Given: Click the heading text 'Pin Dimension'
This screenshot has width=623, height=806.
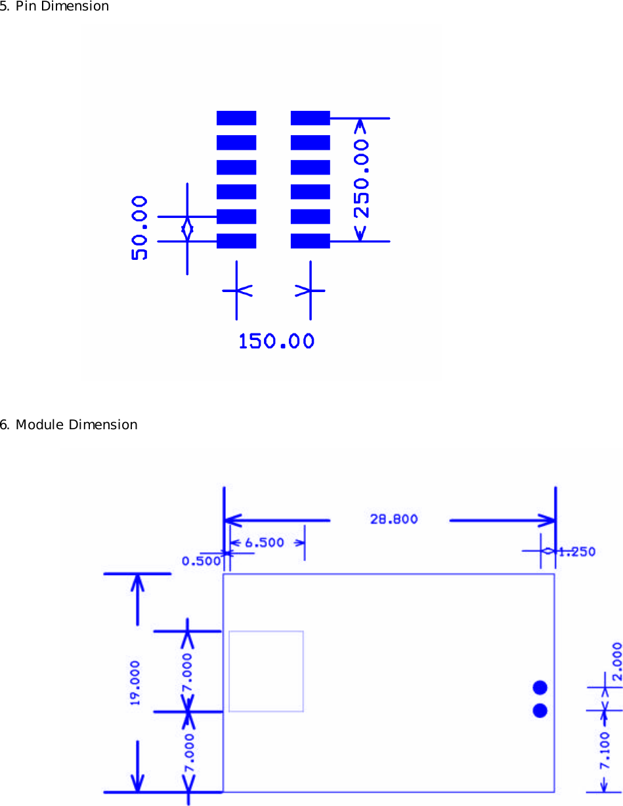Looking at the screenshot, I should pos(62,7).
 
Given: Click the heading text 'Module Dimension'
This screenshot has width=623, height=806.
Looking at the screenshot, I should pos(76,425).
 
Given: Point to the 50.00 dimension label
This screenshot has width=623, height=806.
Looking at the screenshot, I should pos(140,228).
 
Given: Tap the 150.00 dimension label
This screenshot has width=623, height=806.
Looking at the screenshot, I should pos(276,341).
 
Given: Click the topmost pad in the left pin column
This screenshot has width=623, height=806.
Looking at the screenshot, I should pos(236,118).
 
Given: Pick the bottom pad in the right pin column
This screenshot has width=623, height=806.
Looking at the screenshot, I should pos(310,241).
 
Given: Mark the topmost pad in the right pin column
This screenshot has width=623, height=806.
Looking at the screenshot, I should pos(310,118).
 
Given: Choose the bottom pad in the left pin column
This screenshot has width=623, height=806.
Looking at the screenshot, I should pos(236,241).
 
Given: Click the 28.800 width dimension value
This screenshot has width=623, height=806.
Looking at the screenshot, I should pos(394,519).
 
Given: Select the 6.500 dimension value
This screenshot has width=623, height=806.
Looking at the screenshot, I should pos(264,543).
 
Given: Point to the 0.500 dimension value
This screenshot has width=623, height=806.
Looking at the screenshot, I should pos(201,561).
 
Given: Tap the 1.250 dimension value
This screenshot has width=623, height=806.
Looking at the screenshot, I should pos(577,552).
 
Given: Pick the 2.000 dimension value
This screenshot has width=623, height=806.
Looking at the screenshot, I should pos(617,663).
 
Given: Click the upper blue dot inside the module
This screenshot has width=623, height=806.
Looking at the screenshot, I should pos(540,687).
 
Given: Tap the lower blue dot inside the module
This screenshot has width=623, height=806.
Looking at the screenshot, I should pos(540,710).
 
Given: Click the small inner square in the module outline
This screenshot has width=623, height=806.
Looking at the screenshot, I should pos(266,671).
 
